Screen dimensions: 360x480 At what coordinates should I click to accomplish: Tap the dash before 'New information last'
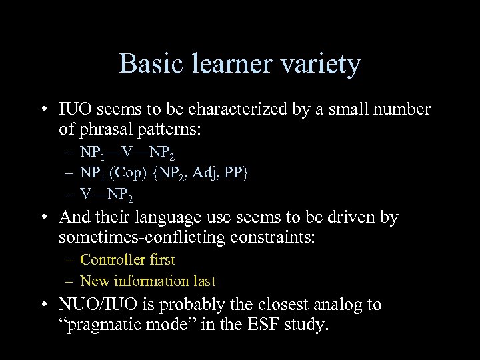69,281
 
